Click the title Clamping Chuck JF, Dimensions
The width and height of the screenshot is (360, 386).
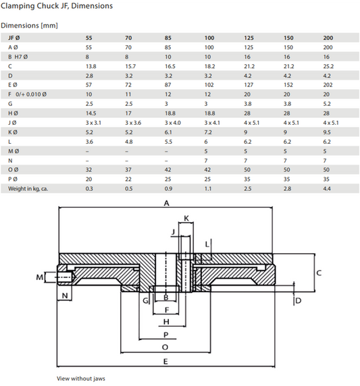click(57, 6)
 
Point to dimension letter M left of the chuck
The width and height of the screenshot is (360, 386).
click(38, 277)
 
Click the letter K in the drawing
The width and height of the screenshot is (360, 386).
click(186, 218)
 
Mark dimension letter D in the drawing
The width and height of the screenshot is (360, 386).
click(298, 300)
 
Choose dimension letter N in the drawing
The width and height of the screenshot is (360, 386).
click(66, 296)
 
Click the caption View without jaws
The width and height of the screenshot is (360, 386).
click(80, 378)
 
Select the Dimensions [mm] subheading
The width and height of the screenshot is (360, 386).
click(29, 25)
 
